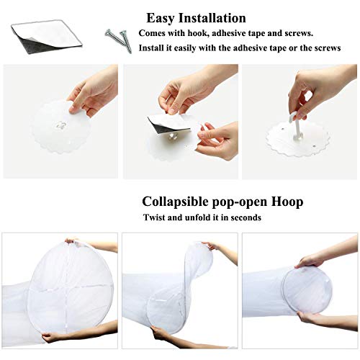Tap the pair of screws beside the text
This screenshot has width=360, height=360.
pos(119,40)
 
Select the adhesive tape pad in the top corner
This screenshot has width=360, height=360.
pos(47,37)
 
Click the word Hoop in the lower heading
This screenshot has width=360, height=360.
pos(287,202)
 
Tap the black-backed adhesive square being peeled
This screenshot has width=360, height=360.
pos(168,124)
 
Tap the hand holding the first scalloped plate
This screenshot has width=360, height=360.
pos(94,92)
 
